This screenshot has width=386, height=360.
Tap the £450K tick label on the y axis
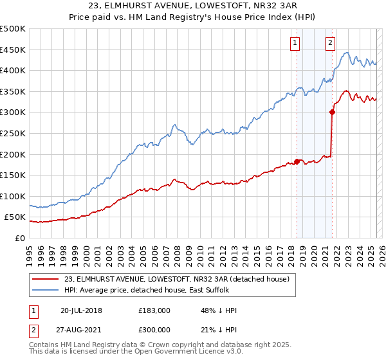tap(13, 50)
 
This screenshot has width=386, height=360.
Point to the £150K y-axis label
tap(13, 175)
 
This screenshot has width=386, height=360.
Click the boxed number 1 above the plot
tap(295, 43)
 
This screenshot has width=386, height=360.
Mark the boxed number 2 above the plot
tap(330, 43)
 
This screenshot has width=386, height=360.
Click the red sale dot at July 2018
tap(297, 161)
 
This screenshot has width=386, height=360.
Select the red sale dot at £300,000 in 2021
tap(332, 112)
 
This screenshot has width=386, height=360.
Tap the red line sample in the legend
tap(44, 279)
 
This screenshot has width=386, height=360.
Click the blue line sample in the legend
tap(44, 290)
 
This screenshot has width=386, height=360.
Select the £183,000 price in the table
tap(154, 310)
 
